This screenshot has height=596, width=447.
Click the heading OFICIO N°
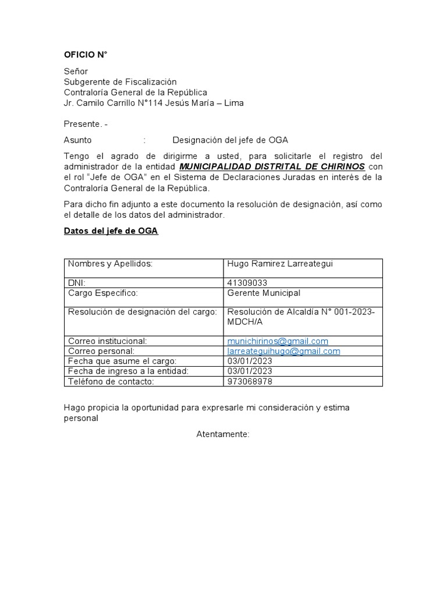[86, 55]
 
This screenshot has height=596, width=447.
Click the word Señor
[76, 72]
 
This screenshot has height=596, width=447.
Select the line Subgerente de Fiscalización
[120, 82]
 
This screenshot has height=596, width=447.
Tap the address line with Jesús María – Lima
[154, 103]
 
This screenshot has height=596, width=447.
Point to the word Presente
[83, 124]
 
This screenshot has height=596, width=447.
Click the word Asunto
[77, 140]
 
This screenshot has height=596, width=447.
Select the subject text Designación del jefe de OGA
[230, 140]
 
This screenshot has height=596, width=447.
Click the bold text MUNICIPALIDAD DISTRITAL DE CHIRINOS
[272, 167]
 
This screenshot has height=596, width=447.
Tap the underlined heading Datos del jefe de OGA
[111, 231]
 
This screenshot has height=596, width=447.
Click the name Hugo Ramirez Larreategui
[279, 264]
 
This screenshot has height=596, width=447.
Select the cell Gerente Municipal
[264, 293]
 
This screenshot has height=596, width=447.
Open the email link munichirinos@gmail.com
[278, 341]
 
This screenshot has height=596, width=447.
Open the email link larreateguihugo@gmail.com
[283, 352]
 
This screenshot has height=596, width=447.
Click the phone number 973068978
[250, 382]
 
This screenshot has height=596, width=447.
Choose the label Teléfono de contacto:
[111, 382]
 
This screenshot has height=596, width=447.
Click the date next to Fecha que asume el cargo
[250, 361]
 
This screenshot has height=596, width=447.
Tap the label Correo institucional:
[107, 341]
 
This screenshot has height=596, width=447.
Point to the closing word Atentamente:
[223, 434]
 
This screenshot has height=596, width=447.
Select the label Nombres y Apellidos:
[110, 264]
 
